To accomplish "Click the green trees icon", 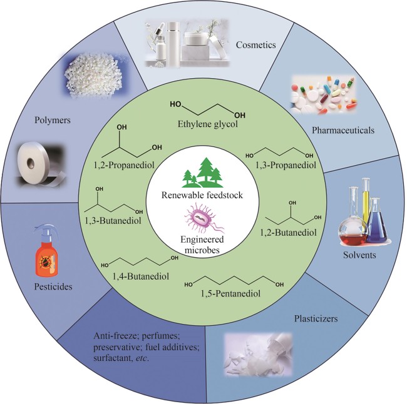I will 202,171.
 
